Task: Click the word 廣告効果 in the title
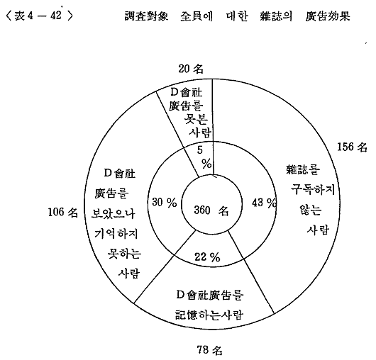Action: (328, 16)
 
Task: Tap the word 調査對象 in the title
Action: (147, 16)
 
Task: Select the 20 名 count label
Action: (191, 69)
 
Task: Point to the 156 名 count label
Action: (353, 147)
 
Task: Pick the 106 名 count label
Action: (63, 212)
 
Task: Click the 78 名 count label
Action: (209, 350)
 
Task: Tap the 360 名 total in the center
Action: (211, 210)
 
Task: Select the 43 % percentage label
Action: (264, 203)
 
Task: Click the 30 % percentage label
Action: (165, 202)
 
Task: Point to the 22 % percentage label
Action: (207, 257)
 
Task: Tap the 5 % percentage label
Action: (204, 157)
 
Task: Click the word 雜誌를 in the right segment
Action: (303, 169)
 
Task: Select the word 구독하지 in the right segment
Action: (313, 190)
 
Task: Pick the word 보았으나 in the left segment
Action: (114, 213)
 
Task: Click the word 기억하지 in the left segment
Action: (116, 233)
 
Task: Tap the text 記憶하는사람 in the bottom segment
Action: (209, 315)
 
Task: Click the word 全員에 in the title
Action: (197, 16)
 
